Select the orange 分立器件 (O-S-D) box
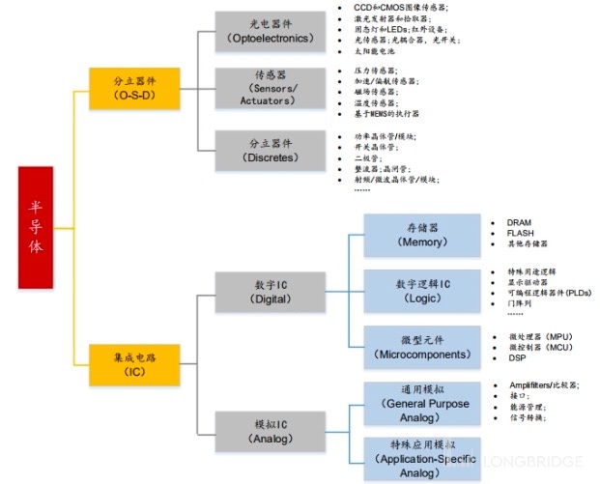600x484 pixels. tap(133, 88)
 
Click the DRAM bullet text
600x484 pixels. tap(519, 221)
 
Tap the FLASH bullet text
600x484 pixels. tap(520, 233)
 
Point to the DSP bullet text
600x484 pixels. tap(517, 357)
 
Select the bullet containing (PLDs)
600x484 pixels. tap(550, 293)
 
